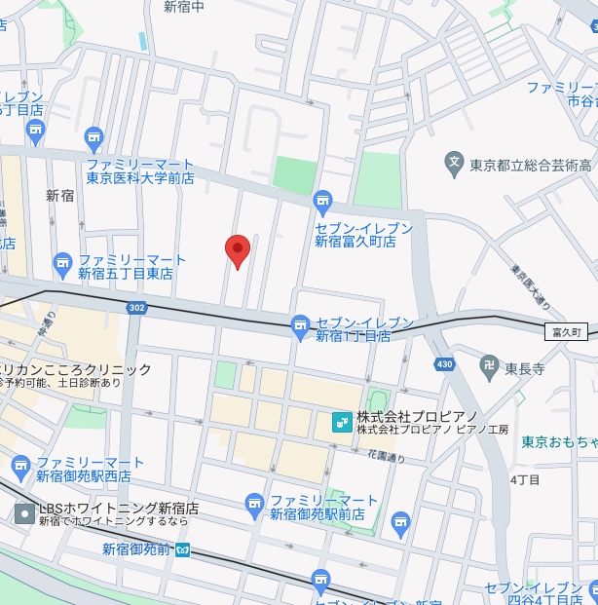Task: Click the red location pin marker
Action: coord(238,250)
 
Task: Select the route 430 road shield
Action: coord(445,363)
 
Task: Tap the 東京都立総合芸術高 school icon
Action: coord(454,165)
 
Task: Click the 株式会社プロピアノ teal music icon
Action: coord(341,422)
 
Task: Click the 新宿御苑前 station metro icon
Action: coord(183,549)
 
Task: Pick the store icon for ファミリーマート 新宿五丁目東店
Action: coord(63,263)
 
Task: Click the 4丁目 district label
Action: coord(524,479)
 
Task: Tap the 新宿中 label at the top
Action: coord(184,7)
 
